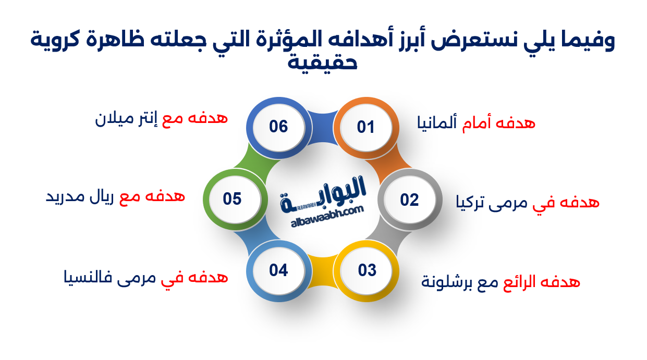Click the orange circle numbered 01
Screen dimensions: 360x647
click(366, 127)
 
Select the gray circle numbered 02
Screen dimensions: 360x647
click(409, 200)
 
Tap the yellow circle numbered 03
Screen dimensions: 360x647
click(367, 270)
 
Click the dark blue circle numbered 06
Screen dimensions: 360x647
click(278, 126)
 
